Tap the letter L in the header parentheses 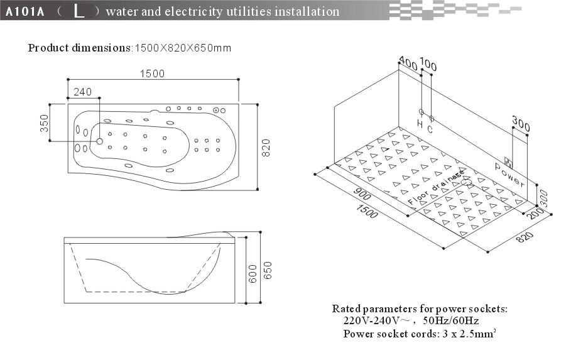pyautogui.click(x=79, y=11)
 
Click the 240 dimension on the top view pyautogui.click(x=83, y=92)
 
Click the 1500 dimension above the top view pyautogui.click(x=152, y=74)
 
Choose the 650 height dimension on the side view pyautogui.click(x=269, y=270)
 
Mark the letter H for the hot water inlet pyautogui.click(x=420, y=124)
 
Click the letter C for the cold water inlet pyautogui.click(x=430, y=129)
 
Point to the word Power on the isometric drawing pyautogui.click(x=509, y=175)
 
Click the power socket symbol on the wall pyautogui.click(x=508, y=161)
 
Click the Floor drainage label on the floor pyautogui.click(x=435, y=187)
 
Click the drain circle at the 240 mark pyautogui.click(x=99, y=141)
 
